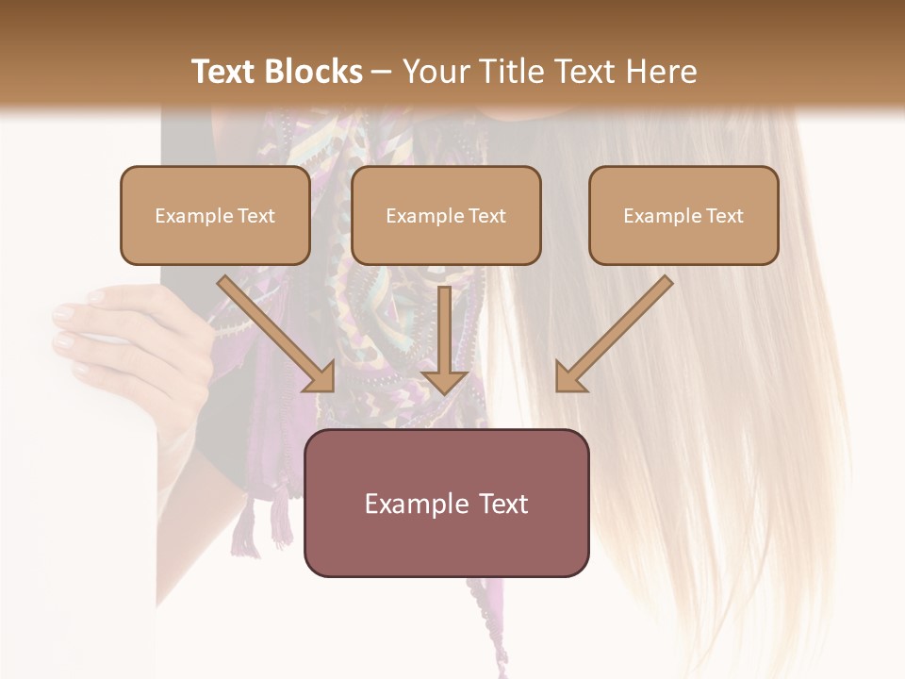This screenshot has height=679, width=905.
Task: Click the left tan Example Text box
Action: [x=215, y=216]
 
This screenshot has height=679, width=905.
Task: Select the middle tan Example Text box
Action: [x=446, y=216]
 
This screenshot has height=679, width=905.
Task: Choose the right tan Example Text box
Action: [x=683, y=216]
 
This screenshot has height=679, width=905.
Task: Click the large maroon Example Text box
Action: [x=446, y=503]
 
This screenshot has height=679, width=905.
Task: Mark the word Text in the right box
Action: [x=724, y=216]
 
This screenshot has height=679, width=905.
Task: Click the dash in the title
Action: [x=381, y=72]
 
